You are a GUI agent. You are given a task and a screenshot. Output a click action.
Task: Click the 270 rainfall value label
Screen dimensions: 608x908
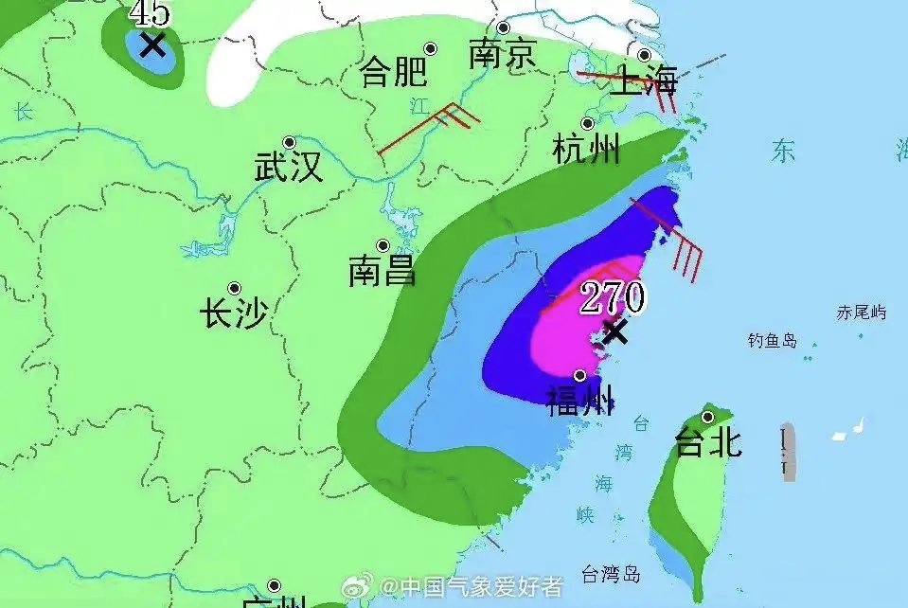[612, 298]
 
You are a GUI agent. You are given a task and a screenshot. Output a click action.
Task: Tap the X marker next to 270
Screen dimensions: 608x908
[615, 331]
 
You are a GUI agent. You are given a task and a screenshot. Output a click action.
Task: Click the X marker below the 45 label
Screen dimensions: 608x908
[151, 45]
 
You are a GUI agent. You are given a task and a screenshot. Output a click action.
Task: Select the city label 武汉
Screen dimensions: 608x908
[289, 169]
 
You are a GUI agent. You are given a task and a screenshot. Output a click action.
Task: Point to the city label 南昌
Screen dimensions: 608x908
[382, 273]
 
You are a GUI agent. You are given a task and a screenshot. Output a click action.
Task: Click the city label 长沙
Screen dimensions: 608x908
[234, 313]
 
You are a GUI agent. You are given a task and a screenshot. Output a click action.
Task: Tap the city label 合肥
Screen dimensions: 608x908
[394, 73]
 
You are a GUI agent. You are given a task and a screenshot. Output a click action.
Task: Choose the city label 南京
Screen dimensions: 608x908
[502, 54]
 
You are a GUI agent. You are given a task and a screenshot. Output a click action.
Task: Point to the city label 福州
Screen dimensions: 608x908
[580, 402]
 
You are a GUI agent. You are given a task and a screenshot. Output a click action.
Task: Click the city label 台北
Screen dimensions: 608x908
[707, 442]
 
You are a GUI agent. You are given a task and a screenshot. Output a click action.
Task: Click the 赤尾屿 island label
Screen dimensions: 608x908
[861, 312]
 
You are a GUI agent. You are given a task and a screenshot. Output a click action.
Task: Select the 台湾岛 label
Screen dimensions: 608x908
[611, 574]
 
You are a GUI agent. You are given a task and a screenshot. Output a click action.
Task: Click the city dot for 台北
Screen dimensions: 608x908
[707, 417]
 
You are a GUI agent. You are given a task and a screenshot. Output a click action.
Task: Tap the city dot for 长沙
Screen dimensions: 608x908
[234, 288]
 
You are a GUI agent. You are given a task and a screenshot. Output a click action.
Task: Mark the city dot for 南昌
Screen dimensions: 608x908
[383, 246]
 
